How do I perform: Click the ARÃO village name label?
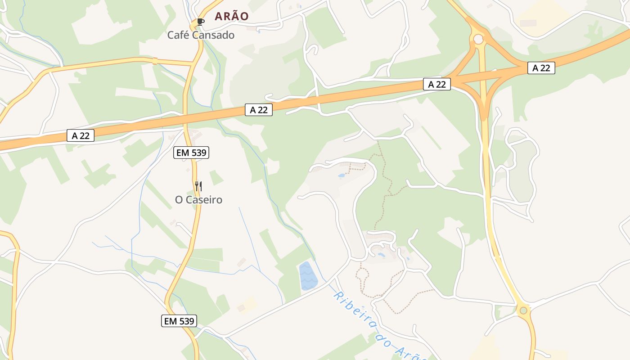pyautogui.click(x=231, y=16)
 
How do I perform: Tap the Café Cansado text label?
pyautogui.click(x=201, y=35)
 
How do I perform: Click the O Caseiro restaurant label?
pyautogui.click(x=198, y=200)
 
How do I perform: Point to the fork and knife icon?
pyautogui.click(x=198, y=186)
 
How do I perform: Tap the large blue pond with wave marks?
pyautogui.click(x=308, y=275)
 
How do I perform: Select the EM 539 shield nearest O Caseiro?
pyautogui.click(x=191, y=153)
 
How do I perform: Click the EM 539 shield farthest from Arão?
pyautogui.click(x=179, y=321)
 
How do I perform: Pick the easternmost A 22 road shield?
pyautogui.click(x=541, y=68)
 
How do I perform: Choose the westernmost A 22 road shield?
pyautogui.click(x=81, y=135)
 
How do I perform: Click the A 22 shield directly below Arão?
pyautogui.click(x=259, y=110)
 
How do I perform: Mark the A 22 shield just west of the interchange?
pyautogui.click(x=436, y=84)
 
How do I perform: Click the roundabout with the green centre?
pyautogui.click(x=523, y=310)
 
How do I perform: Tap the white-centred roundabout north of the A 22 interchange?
pyautogui.click(x=478, y=40)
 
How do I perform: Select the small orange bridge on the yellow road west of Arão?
pyautogui.click(x=155, y=61)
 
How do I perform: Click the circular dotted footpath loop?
pyautogui.click(x=363, y=273)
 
